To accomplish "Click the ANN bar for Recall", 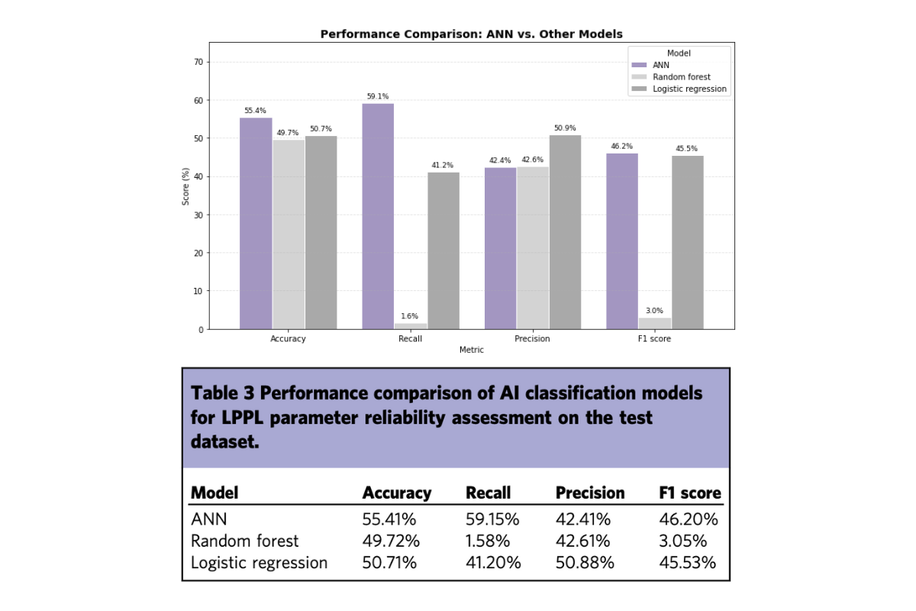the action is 378,216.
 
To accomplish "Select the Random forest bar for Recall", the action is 411,326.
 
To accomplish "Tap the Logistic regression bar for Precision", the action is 565,232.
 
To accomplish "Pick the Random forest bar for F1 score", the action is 655,323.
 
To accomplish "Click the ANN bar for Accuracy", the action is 256,224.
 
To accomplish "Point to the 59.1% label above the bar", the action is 378,96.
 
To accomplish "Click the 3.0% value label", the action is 654,311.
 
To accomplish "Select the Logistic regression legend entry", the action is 679,89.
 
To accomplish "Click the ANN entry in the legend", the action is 650,65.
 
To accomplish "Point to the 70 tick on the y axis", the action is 198,62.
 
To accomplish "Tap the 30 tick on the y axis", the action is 198,215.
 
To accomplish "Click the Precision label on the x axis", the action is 532,339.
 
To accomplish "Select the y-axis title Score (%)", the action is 185,186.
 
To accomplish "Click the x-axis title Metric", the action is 472,350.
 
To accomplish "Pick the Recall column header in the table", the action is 489,493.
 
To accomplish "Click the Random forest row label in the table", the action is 244,541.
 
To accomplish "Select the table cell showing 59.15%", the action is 492,519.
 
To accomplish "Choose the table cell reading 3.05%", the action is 683,541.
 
